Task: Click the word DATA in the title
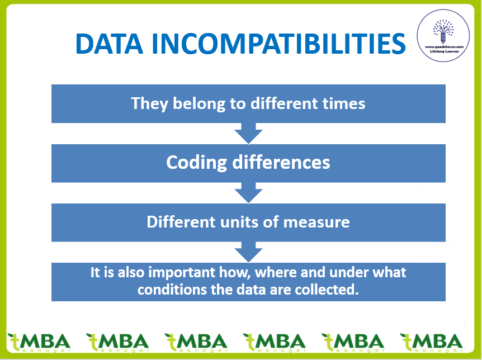coord(110,44)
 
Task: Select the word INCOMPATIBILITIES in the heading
coord(279,44)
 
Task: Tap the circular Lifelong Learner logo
coord(443,35)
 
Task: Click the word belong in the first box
coord(199,103)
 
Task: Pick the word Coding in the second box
coord(196,162)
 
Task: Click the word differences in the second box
coord(281,162)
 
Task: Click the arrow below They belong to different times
coord(248,134)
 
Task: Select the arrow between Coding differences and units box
coord(248,193)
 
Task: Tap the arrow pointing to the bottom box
coord(248,252)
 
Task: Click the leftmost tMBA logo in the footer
coord(39,343)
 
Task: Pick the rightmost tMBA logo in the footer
coord(431,343)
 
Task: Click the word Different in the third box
coord(181,222)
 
